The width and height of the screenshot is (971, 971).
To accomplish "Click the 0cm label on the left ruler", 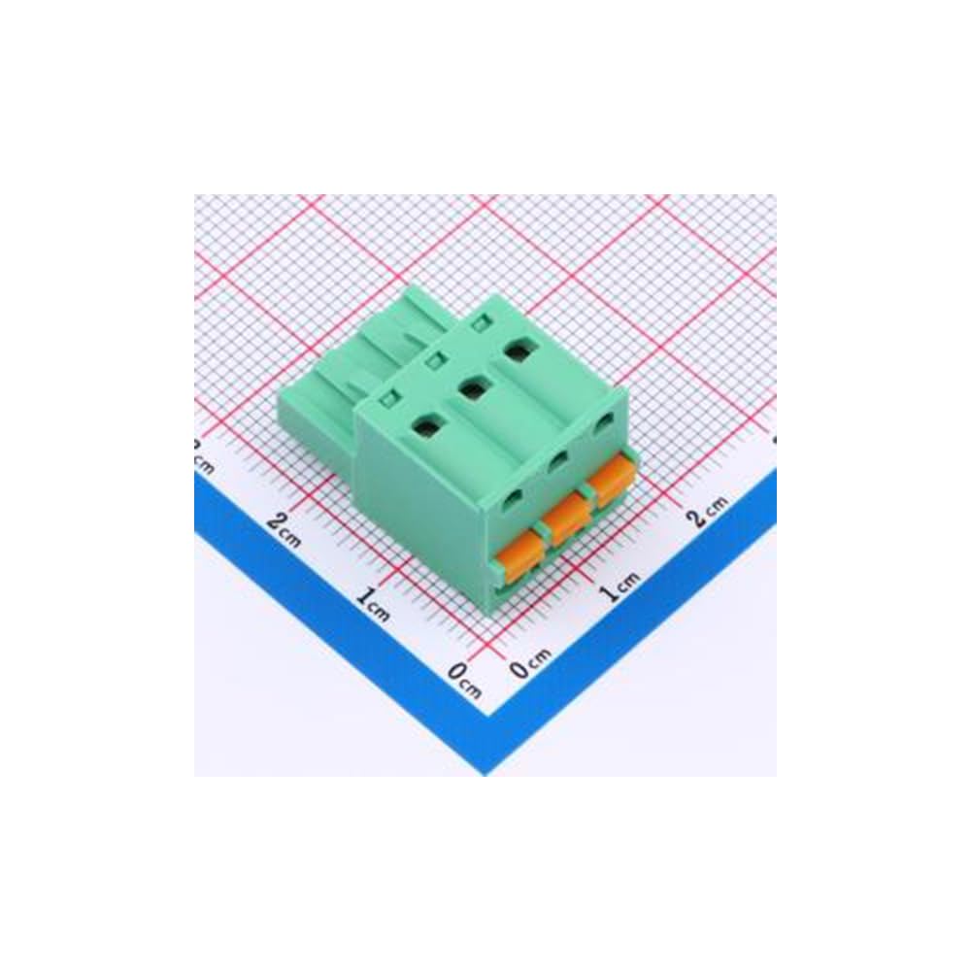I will (464, 679).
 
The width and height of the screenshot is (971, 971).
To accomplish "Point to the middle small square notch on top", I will (433, 361).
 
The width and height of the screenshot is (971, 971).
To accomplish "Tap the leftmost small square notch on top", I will (389, 395).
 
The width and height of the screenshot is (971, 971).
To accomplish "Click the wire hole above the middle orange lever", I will (559, 461).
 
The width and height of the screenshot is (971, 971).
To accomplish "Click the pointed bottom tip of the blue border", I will (485, 773).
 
